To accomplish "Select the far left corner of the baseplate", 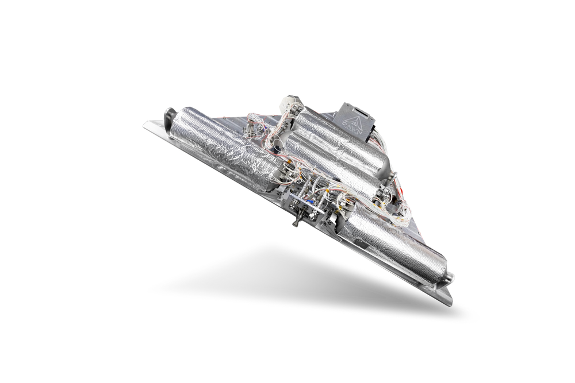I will pos(145,123).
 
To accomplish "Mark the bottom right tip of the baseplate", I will pos(450,303).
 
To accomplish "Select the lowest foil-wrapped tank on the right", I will pos(397,244).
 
